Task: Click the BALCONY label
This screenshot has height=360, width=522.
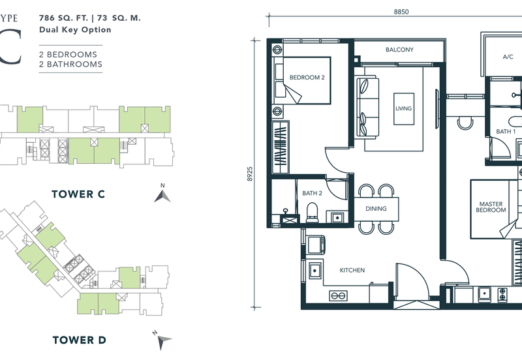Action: click(399, 50)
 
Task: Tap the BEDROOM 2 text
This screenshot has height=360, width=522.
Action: click(307, 78)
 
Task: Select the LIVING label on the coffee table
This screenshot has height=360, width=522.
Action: click(403, 108)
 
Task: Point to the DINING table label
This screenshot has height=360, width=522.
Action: click(376, 209)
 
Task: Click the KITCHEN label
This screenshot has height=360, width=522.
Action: click(352, 270)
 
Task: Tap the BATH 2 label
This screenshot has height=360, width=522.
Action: click(313, 193)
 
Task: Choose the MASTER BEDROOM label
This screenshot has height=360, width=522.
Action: click(491, 207)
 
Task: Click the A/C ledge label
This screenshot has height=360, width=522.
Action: click(508, 57)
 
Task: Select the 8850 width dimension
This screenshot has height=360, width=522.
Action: click(401, 12)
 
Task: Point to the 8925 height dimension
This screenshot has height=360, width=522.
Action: click(250, 174)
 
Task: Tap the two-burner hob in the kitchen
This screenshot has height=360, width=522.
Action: click(338, 295)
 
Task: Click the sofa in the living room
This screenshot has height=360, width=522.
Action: click(367, 107)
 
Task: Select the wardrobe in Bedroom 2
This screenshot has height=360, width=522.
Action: click(281, 148)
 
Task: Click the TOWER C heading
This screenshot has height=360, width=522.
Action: click(78, 194)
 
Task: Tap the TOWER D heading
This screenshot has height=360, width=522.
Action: click(79, 340)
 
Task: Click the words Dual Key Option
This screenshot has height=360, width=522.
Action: click(75, 29)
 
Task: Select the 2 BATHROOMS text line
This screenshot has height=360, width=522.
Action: click(70, 64)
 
